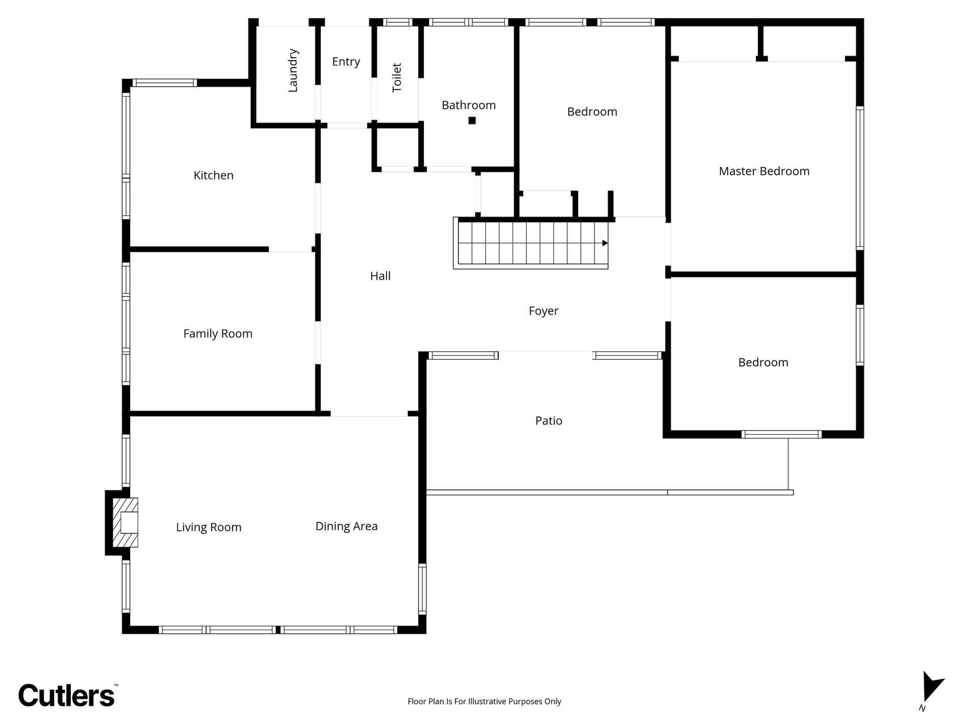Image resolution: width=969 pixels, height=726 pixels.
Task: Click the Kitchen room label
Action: click(213, 175)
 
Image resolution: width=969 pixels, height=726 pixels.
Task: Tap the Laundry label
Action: click(293, 70)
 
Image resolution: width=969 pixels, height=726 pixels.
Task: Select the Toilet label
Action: click(397, 77)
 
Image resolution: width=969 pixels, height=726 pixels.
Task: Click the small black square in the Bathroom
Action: click(472, 121)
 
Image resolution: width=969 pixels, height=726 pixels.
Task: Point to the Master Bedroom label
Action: click(764, 171)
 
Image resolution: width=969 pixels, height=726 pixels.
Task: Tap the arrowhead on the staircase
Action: click(605, 243)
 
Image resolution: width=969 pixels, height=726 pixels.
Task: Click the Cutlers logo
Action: click(66, 696)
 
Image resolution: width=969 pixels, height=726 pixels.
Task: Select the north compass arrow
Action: click(932, 687)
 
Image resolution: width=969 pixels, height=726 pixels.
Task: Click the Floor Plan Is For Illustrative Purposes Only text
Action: click(484, 702)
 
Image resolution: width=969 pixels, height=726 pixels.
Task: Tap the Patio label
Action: click(549, 421)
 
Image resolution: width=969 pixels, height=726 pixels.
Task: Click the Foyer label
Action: click(543, 311)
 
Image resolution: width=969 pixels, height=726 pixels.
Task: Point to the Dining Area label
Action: click(346, 526)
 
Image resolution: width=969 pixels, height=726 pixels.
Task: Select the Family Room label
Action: click(218, 334)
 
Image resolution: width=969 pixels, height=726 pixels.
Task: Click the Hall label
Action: click(380, 276)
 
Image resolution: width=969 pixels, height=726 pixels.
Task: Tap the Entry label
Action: click(346, 62)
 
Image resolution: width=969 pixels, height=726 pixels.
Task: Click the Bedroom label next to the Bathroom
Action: click(592, 112)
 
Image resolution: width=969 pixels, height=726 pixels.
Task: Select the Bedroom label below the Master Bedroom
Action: click(763, 362)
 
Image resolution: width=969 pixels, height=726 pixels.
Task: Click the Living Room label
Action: click(209, 527)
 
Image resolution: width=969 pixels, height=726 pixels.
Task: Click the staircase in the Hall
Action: click(530, 243)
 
